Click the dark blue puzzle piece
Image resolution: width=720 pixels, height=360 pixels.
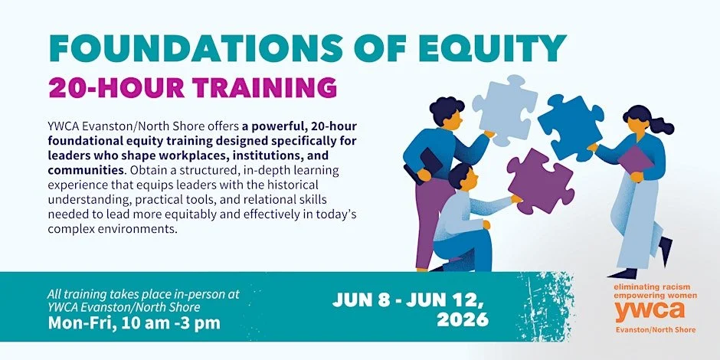click(x=570, y=126)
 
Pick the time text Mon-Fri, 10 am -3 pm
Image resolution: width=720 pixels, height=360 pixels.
click(x=134, y=322)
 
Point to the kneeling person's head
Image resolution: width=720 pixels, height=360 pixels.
click(x=461, y=178)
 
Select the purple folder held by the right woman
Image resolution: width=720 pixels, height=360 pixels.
click(x=635, y=159)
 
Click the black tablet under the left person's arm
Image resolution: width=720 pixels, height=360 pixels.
click(x=430, y=164)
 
